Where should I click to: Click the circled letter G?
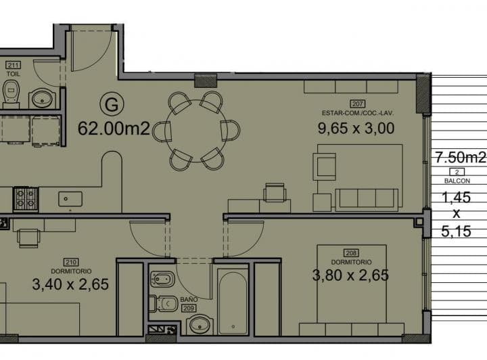(112, 104)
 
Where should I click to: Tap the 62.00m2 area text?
(114, 129)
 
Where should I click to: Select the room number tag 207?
(358, 104)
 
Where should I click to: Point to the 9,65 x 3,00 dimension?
(356, 128)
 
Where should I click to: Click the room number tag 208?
(351, 253)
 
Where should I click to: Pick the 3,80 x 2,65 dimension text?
(350, 275)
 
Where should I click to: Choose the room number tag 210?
(71, 262)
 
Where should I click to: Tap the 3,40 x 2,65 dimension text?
(70, 284)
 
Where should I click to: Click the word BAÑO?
(189, 300)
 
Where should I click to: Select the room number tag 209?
(189, 308)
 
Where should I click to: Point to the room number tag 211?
(14, 65)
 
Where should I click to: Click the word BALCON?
(457, 181)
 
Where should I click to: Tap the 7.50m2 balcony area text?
(461, 158)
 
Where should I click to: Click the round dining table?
(196, 131)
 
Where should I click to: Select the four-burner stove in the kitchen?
(26, 199)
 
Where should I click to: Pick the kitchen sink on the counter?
(70, 199)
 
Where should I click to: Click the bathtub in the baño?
(233, 302)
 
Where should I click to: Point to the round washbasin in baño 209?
(200, 325)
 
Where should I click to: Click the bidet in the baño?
(162, 279)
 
